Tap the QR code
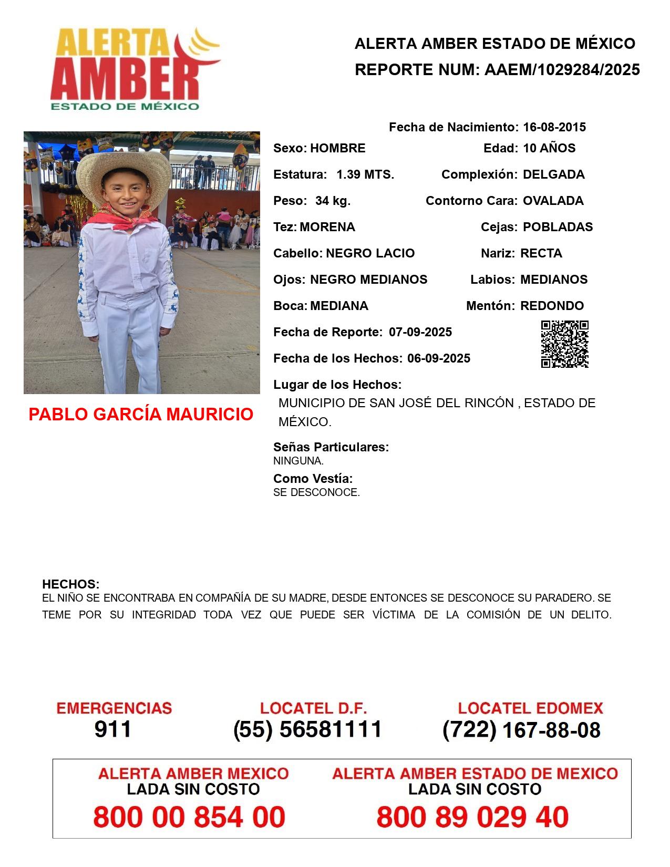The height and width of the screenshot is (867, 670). tap(564, 344)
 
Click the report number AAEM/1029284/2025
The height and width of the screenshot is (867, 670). tap(562, 70)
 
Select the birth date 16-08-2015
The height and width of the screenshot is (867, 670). tap(554, 127)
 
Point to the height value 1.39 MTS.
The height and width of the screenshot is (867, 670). tap(365, 174)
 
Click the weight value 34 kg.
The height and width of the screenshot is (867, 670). tap(333, 201)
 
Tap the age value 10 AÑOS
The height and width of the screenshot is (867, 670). tap(549, 148)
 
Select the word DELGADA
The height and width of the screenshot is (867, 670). tap(553, 174)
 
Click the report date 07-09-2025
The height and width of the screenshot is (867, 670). tap(420, 332)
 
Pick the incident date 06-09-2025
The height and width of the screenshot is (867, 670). tap(439, 358)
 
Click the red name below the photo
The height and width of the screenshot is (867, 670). tap(141, 414)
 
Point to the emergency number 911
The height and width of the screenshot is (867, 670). tap(113, 729)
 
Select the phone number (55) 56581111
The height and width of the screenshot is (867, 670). tap(308, 729)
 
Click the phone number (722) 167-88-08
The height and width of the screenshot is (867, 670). tap(521, 730)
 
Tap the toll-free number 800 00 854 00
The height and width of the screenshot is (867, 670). tap(189, 817)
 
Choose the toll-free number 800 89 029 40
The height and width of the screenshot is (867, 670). tap(472, 817)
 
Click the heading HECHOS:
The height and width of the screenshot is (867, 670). tap(70, 584)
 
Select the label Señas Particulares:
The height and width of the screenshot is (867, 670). tap(331, 447)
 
